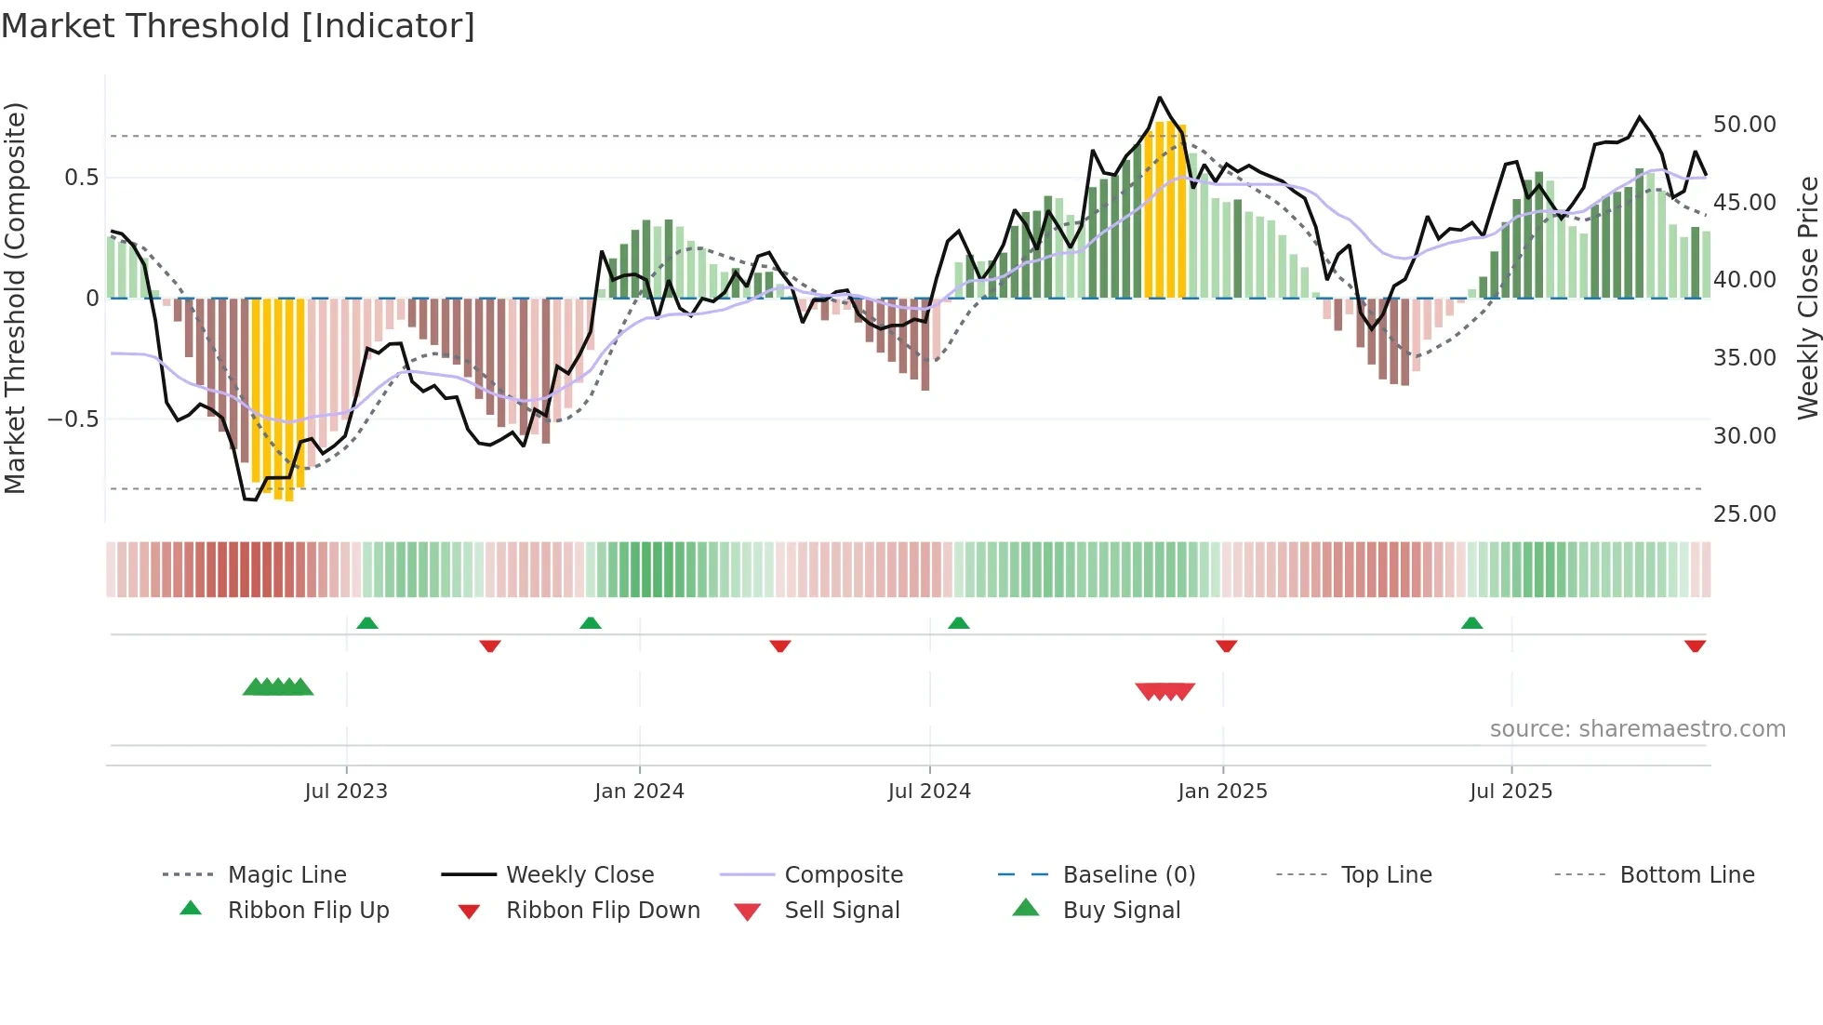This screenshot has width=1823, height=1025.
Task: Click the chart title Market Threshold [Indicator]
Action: pyautogui.click(x=238, y=26)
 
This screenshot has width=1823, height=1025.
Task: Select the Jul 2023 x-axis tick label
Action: pyautogui.click(x=345, y=792)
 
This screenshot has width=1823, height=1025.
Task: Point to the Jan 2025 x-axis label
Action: pyautogui.click(x=1222, y=792)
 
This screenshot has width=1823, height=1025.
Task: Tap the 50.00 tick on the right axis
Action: pyautogui.click(x=1744, y=125)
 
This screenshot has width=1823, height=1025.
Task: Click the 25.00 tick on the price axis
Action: pyautogui.click(x=1744, y=514)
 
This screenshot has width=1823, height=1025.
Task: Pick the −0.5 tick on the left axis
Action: pyautogui.click(x=73, y=419)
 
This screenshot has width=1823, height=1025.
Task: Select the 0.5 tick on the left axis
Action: pyautogui.click(x=81, y=178)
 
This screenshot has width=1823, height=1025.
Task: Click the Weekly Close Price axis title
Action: pyautogui.click(x=1806, y=298)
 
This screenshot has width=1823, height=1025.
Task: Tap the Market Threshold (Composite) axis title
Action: pyautogui.click(x=15, y=298)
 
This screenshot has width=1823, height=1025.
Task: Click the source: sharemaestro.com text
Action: pyautogui.click(x=1637, y=729)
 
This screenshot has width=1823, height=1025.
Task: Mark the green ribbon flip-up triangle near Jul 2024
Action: pyautogui.click(x=958, y=623)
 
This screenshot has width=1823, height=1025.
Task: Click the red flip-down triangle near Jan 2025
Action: pyautogui.click(x=1226, y=646)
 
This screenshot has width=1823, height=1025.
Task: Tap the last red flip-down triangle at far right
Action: pyautogui.click(x=1695, y=646)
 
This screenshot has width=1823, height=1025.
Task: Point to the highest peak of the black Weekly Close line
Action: pyautogui.click(x=1159, y=98)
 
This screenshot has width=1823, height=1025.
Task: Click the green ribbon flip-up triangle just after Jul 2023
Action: pyautogui.click(x=367, y=623)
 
